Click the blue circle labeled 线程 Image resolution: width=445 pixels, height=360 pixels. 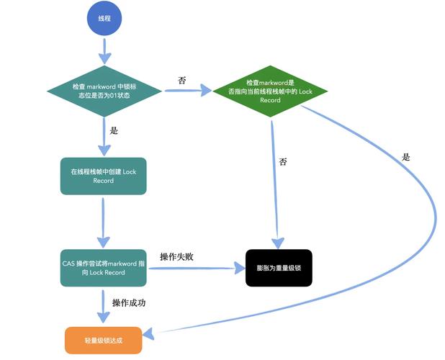(104, 19)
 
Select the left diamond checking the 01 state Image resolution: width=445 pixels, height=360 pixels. (104, 91)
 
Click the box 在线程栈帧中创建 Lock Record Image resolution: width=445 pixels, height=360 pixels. (104, 176)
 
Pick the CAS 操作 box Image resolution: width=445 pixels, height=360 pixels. (104, 268)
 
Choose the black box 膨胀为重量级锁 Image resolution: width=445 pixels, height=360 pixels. (278, 269)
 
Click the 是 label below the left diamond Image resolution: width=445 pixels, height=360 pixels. (114, 132)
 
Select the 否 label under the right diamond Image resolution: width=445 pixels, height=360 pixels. (283, 162)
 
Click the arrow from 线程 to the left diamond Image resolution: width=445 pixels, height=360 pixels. (104, 50)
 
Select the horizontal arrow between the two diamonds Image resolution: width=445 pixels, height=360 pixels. (189, 91)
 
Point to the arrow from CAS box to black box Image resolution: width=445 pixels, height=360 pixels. (194, 269)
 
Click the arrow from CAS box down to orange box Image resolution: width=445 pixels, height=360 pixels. (104, 306)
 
